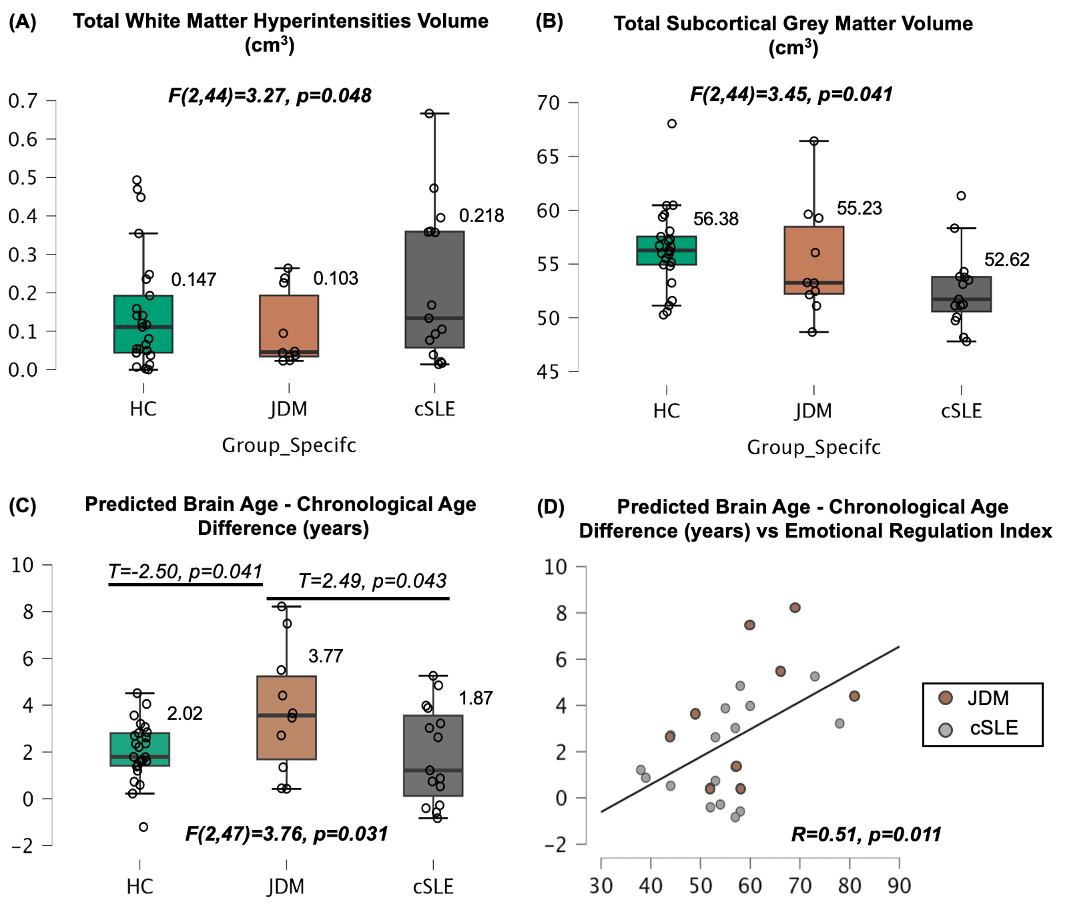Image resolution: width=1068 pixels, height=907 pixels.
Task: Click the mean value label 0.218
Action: pyautogui.click(x=481, y=216)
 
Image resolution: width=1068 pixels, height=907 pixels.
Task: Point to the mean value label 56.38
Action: pyautogui.click(x=715, y=219)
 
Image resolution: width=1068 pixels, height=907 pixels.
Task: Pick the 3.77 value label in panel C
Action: pyautogui.click(x=325, y=656)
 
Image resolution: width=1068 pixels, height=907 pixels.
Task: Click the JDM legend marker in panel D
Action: pyautogui.click(x=945, y=698)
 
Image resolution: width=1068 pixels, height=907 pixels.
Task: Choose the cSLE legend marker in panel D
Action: pyautogui.click(x=945, y=730)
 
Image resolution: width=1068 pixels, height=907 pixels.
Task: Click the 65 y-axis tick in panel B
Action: pyautogui.click(x=548, y=157)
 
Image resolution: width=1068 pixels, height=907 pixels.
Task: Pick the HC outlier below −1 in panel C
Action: pyautogui.click(x=143, y=827)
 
